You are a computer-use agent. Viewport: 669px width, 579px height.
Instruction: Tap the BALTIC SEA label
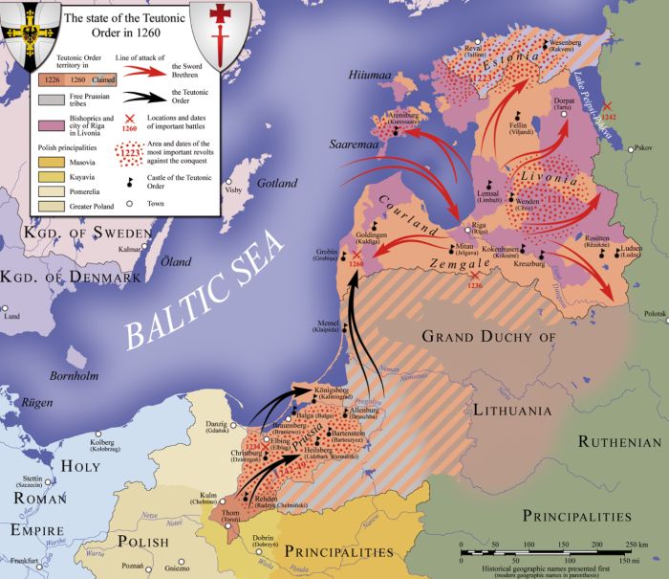pos(207,286)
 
